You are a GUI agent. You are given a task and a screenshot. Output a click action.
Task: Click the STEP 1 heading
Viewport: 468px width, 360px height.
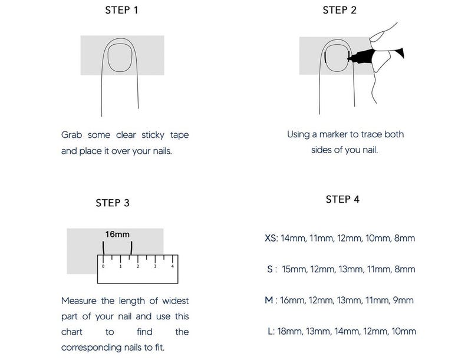point(121,10)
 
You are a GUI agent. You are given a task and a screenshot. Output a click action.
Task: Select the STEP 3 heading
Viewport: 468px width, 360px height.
point(113,203)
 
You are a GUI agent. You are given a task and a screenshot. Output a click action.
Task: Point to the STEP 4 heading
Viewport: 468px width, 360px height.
point(342,199)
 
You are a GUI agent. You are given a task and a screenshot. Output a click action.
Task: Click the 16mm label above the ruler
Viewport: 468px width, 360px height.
point(117,234)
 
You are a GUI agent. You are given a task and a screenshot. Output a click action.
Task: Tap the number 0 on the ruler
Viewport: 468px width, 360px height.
point(103,266)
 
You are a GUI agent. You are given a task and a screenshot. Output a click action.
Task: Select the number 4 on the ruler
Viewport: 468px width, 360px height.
point(172,266)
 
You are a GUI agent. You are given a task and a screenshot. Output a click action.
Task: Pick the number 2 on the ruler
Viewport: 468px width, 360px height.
point(138,266)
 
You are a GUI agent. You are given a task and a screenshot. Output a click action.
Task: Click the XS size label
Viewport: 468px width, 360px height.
point(271,239)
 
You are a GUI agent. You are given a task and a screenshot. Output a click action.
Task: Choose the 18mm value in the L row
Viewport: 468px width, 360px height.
point(289,331)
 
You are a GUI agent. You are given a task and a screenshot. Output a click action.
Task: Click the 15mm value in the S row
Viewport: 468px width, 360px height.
point(294,270)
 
